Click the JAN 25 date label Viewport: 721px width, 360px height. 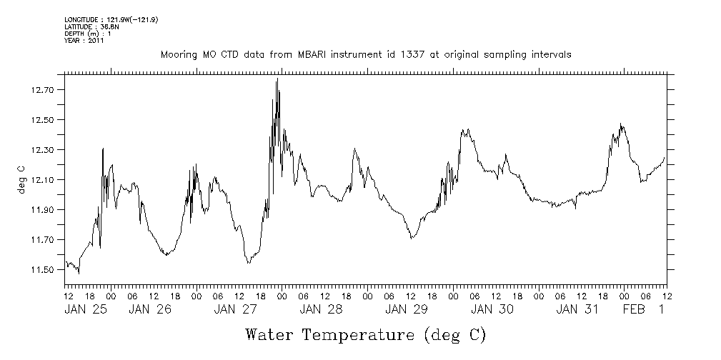point(84,309)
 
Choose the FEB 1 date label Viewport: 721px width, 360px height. point(642,309)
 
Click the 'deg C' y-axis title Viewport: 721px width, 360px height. point(21,180)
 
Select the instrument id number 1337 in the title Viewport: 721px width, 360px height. point(382,55)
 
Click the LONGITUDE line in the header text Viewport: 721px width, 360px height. point(111,19)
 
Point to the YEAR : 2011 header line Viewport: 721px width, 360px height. point(84,41)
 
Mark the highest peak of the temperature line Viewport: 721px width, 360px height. point(277,79)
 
